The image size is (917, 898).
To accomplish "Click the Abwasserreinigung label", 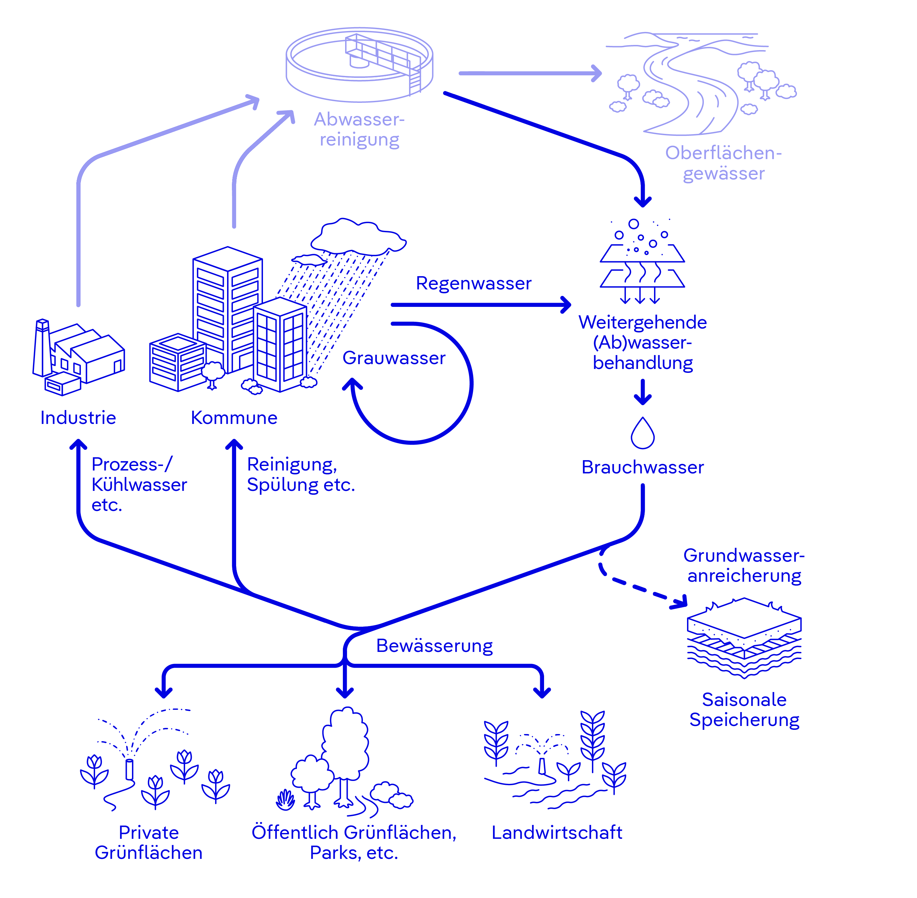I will point(359,129).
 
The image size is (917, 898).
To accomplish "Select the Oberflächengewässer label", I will point(723,163).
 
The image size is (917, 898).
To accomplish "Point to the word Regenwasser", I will point(473,283).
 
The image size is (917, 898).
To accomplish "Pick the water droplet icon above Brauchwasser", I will point(642,433).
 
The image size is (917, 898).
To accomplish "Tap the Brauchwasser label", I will point(642,467).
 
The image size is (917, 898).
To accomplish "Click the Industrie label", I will point(78,417).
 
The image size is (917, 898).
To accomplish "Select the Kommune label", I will point(234,417).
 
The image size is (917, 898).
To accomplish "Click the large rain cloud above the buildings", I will point(357,236).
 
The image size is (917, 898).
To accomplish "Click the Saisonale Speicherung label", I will point(744,710).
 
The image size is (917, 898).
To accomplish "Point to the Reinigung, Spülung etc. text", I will point(300,474).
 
